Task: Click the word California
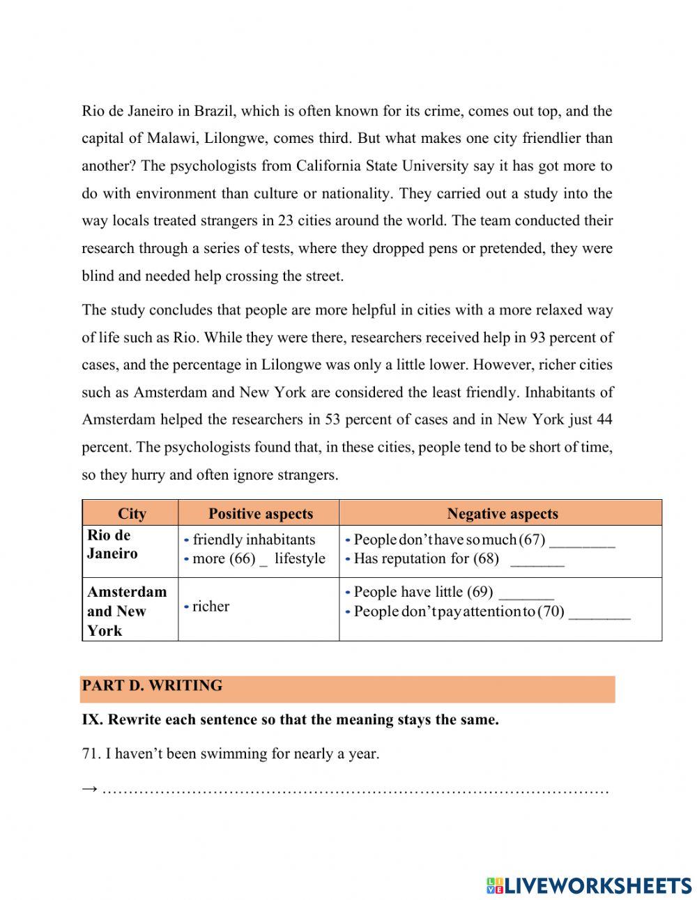(329, 166)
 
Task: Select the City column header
(132, 514)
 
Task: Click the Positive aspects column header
(261, 514)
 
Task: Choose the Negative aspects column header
(502, 514)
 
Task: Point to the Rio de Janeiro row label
(112, 544)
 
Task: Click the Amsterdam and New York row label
(127, 611)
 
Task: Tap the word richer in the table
(210, 607)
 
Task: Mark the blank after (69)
(527, 594)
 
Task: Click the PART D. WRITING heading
(152, 686)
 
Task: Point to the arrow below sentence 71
(89, 789)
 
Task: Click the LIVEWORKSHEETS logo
(589, 885)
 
